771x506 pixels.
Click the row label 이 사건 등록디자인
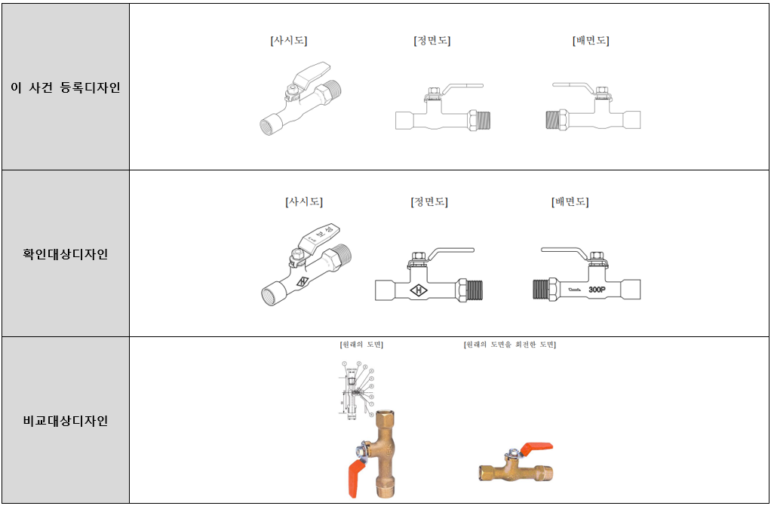point(65,87)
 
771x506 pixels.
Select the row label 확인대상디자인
point(65,254)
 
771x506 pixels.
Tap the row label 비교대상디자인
point(65,421)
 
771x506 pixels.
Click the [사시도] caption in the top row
point(289,41)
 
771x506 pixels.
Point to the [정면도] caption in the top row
point(432,41)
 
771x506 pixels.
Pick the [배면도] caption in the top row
point(591,41)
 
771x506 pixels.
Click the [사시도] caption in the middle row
point(304,202)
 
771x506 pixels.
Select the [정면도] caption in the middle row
point(429,202)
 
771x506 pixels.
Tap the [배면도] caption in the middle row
point(570,202)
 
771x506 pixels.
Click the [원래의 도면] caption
point(362,345)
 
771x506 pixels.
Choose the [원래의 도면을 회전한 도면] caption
point(511,345)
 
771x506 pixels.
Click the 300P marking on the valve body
point(599,289)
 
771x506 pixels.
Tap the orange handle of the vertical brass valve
point(357,476)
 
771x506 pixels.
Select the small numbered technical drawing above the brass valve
point(355,388)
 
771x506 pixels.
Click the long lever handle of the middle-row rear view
point(561,250)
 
